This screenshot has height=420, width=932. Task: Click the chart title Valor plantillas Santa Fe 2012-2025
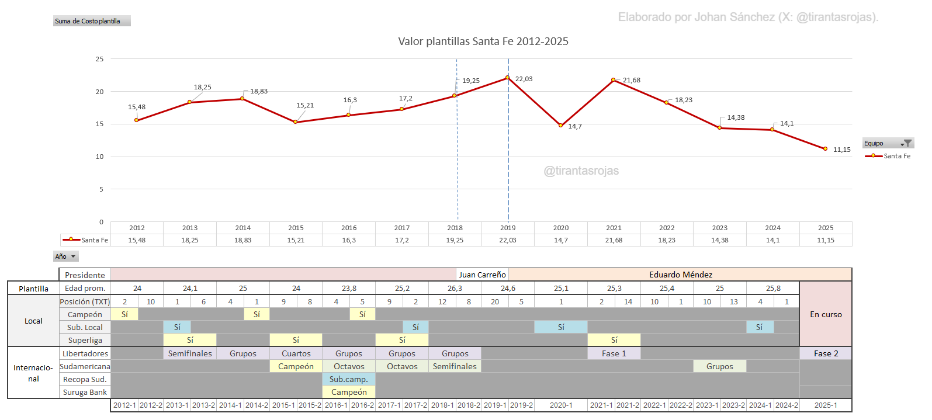(x=483, y=41)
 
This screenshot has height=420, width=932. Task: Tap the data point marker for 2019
(x=507, y=78)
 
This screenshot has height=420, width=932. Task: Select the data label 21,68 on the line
(x=632, y=80)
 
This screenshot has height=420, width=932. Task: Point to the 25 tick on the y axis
(x=100, y=59)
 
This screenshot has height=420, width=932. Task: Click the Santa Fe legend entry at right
(x=888, y=156)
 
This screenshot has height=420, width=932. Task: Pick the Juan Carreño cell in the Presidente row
(x=482, y=275)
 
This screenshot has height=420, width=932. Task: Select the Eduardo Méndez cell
(x=680, y=275)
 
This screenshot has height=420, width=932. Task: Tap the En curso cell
(x=826, y=314)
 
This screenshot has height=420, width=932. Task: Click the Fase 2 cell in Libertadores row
(x=826, y=353)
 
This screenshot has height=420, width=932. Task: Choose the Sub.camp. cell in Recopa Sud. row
(x=349, y=379)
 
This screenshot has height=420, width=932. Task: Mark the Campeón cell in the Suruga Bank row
(x=349, y=392)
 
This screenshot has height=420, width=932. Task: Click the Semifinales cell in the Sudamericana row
(x=455, y=366)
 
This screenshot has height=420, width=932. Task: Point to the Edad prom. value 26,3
(x=455, y=288)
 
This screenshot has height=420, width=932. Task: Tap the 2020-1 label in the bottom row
(x=561, y=405)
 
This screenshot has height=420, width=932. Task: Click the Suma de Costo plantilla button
(x=92, y=21)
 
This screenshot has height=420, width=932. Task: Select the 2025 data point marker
(x=825, y=149)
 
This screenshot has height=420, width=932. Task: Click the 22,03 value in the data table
(x=508, y=240)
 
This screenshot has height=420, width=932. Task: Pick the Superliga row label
(x=85, y=340)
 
